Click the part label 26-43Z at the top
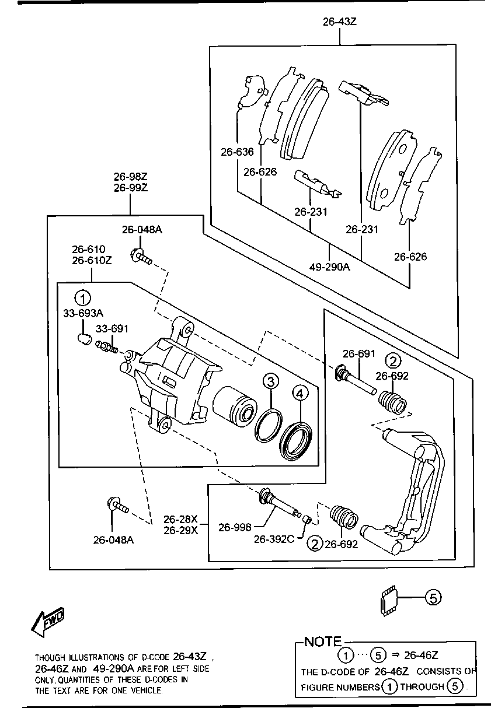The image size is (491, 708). [339, 22]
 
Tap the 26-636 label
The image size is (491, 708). [237, 152]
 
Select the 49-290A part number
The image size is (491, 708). [330, 267]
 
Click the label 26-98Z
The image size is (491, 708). [131, 176]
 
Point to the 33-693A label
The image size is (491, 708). [83, 313]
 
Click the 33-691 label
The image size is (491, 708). [112, 329]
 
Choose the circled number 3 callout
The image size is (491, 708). [271, 381]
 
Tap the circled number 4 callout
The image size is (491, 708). [300, 394]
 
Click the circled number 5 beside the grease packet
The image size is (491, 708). [433, 598]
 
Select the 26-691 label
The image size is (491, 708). [359, 353]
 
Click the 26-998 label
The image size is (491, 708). [235, 527]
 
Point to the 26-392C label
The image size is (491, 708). [274, 539]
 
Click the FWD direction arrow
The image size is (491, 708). [48, 622]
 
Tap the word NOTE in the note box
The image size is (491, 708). [323, 642]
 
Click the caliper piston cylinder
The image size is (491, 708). [235, 405]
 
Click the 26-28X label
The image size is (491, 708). [180, 519]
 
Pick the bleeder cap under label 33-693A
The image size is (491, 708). [85, 339]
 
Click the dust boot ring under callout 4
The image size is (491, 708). [296, 441]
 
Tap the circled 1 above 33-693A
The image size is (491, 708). [82, 298]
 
